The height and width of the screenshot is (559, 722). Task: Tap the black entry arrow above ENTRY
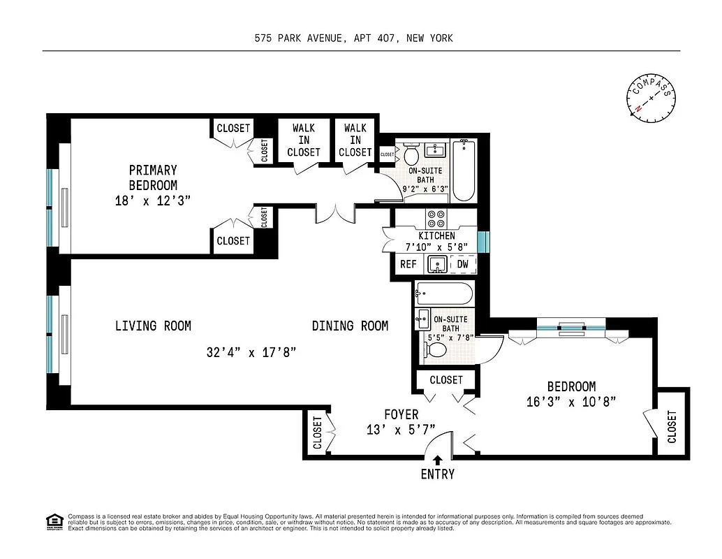pyautogui.click(x=437, y=460)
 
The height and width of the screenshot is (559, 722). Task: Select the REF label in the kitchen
pyautogui.click(x=408, y=264)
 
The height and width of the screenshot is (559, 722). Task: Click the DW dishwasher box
pyautogui.click(x=462, y=264)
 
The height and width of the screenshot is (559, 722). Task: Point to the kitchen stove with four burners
pyautogui.click(x=436, y=217)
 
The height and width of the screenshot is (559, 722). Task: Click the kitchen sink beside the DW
pyautogui.click(x=438, y=264)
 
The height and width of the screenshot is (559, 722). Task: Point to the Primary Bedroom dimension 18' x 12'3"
pyautogui.click(x=152, y=201)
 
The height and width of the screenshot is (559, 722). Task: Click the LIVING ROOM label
pyautogui.click(x=153, y=326)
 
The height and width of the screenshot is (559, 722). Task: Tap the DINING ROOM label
pyautogui.click(x=350, y=326)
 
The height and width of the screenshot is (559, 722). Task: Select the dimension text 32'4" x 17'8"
pyautogui.click(x=251, y=353)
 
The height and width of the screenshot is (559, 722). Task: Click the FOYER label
pyautogui.click(x=401, y=414)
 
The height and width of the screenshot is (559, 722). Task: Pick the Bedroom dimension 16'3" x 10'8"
pyautogui.click(x=571, y=401)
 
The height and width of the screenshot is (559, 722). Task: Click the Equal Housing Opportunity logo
pyautogui.click(x=53, y=521)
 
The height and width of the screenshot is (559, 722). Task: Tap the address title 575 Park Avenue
pyautogui.click(x=353, y=38)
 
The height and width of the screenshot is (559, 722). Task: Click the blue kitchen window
pyautogui.click(x=481, y=240)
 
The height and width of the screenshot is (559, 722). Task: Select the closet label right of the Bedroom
pyautogui.click(x=672, y=426)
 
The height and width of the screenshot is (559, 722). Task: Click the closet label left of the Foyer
pyautogui.click(x=318, y=433)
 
